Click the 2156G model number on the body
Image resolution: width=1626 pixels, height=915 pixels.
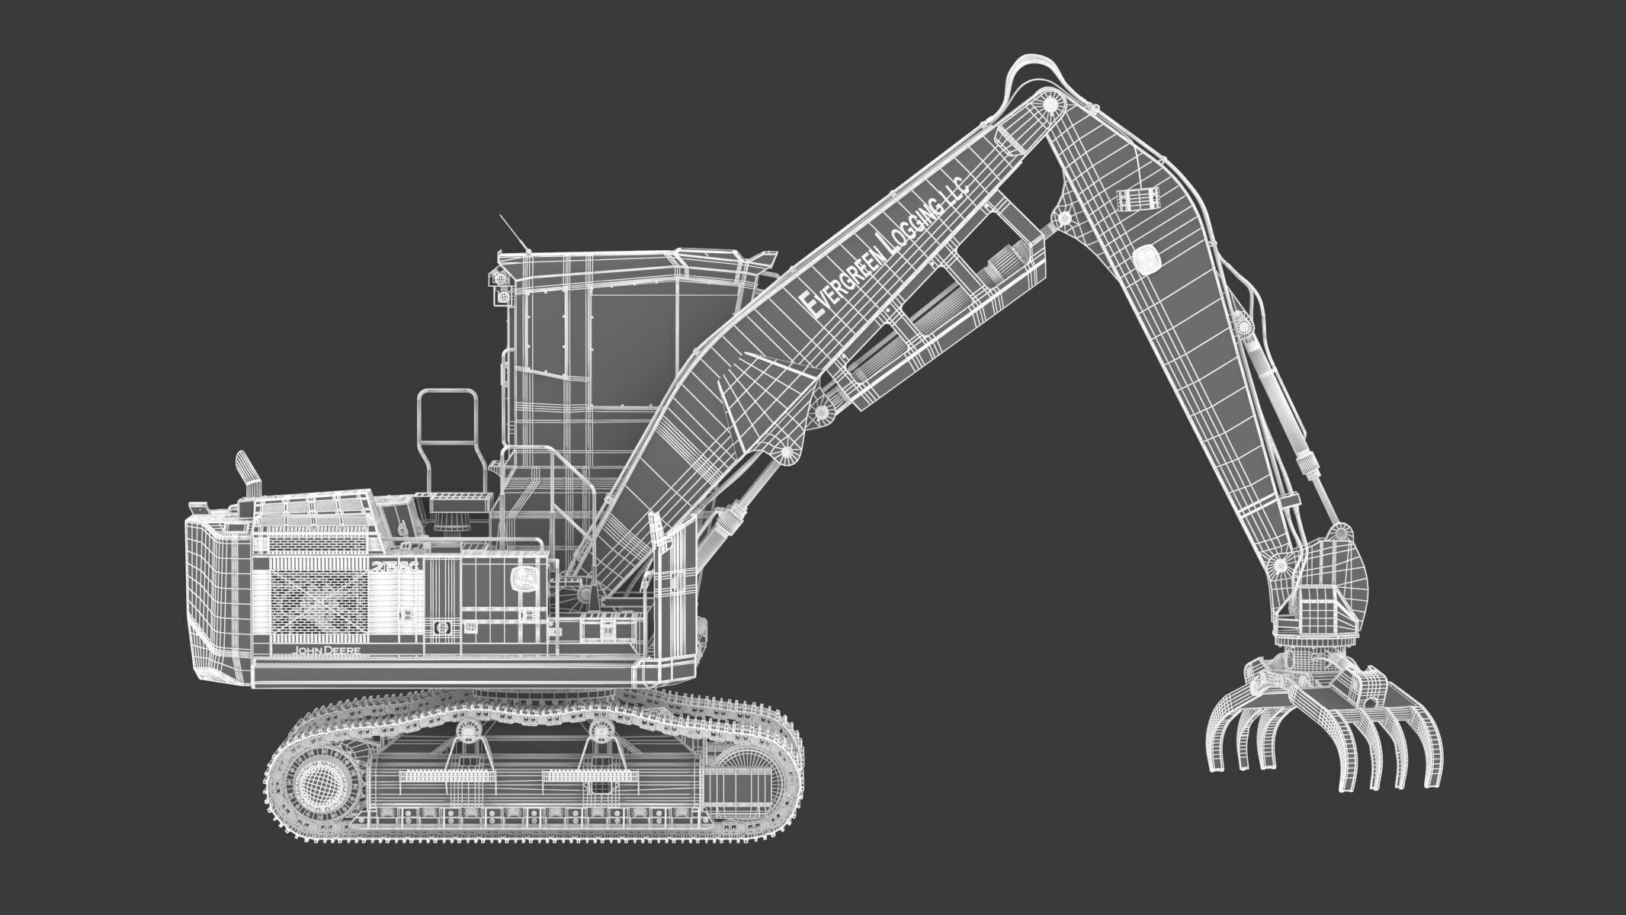(396, 567)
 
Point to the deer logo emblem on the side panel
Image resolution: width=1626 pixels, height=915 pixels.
(522, 580)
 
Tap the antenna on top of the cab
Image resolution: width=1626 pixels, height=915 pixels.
(512, 232)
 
